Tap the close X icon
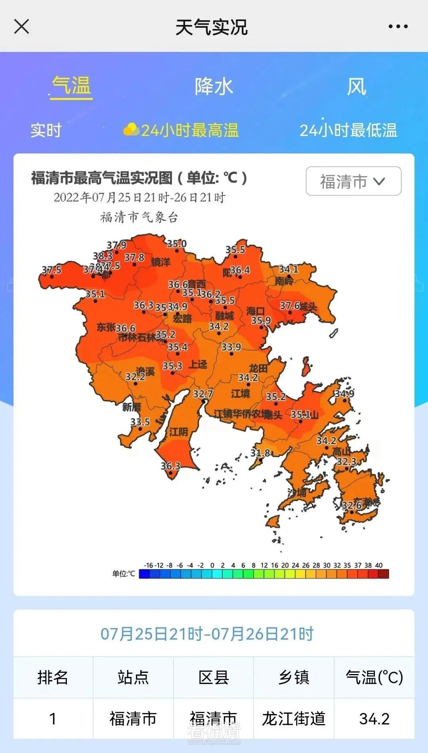click(x=21, y=27)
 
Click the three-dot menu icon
click(x=398, y=27)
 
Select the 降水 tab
click(x=214, y=86)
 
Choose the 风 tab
click(x=356, y=86)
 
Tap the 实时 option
click(x=46, y=130)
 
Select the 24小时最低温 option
click(x=348, y=130)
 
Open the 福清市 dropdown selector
click(x=353, y=181)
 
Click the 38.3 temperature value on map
click(x=103, y=256)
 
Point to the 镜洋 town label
click(x=161, y=262)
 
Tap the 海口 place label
click(x=255, y=311)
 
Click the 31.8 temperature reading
click(x=260, y=453)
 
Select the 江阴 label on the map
click(x=178, y=431)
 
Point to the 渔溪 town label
click(x=145, y=371)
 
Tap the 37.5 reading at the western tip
click(x=52, y=270)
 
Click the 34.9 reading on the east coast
click(x=344, y=394)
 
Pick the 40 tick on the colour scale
click(x=379, y=565)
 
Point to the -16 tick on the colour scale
click(x=148, y=565)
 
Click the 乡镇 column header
click(x=294, y=677)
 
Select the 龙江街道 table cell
click(x=294, y=719)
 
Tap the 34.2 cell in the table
click(x=374, y=719)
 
